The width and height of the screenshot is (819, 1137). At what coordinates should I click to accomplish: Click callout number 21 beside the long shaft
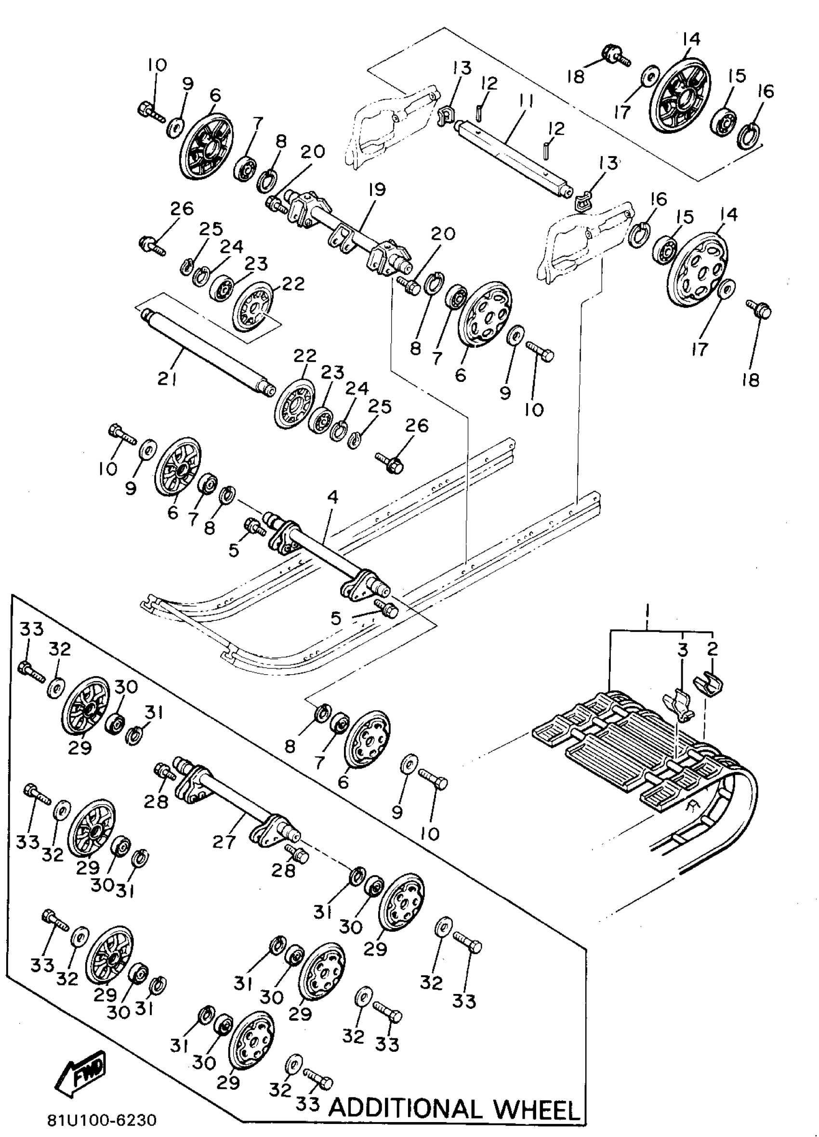pyautogui.click(x=167, y=379)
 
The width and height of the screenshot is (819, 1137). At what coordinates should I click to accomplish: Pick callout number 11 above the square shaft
pyautogui.click(x=525, y=102)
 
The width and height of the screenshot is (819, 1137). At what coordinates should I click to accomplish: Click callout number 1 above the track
pyautogui.click(x=647, y=612)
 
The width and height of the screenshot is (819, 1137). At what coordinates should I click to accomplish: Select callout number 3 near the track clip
pyautogui.click(x=682, y=650)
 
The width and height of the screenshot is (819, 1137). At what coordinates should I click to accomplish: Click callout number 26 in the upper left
pyautogui.click(x=182, y=208)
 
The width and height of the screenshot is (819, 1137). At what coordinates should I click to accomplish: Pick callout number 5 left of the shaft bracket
pyautogui.click(x=234, y=550)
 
